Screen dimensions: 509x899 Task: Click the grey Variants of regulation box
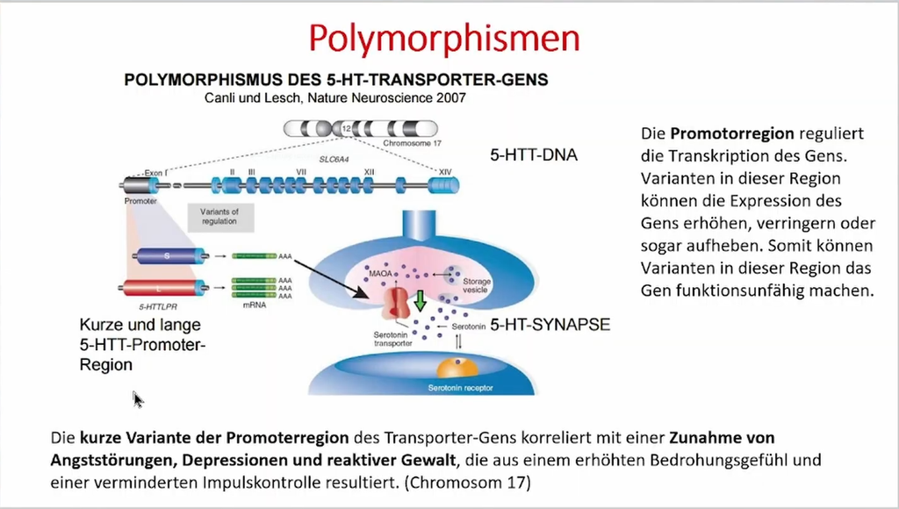[x=219, y=216]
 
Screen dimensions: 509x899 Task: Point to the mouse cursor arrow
[x=137, y=398]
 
